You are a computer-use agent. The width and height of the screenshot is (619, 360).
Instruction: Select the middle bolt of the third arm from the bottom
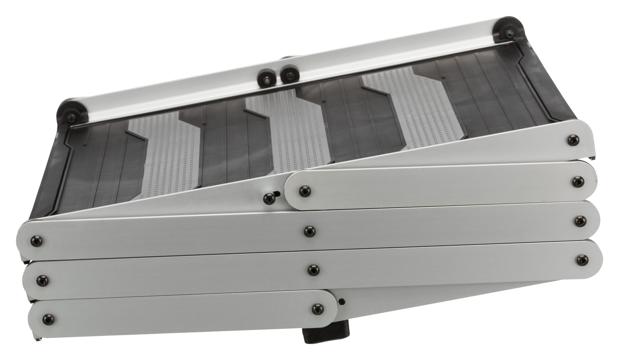(309, 231)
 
